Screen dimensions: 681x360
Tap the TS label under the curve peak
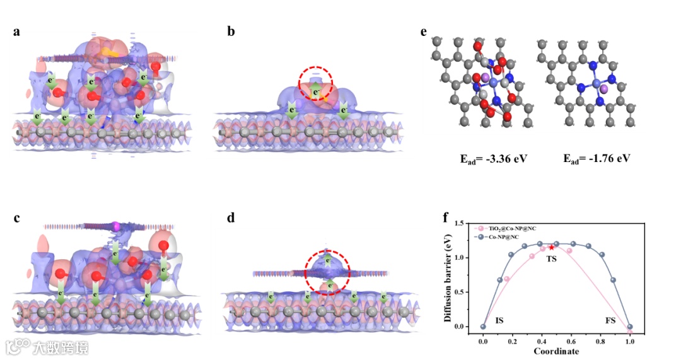[x=551, y=259]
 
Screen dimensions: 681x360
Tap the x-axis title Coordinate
[x=556, y=351]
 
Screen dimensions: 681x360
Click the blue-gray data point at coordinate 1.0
[x=629, y=327]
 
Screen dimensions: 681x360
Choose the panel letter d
[x=231, y=218]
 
